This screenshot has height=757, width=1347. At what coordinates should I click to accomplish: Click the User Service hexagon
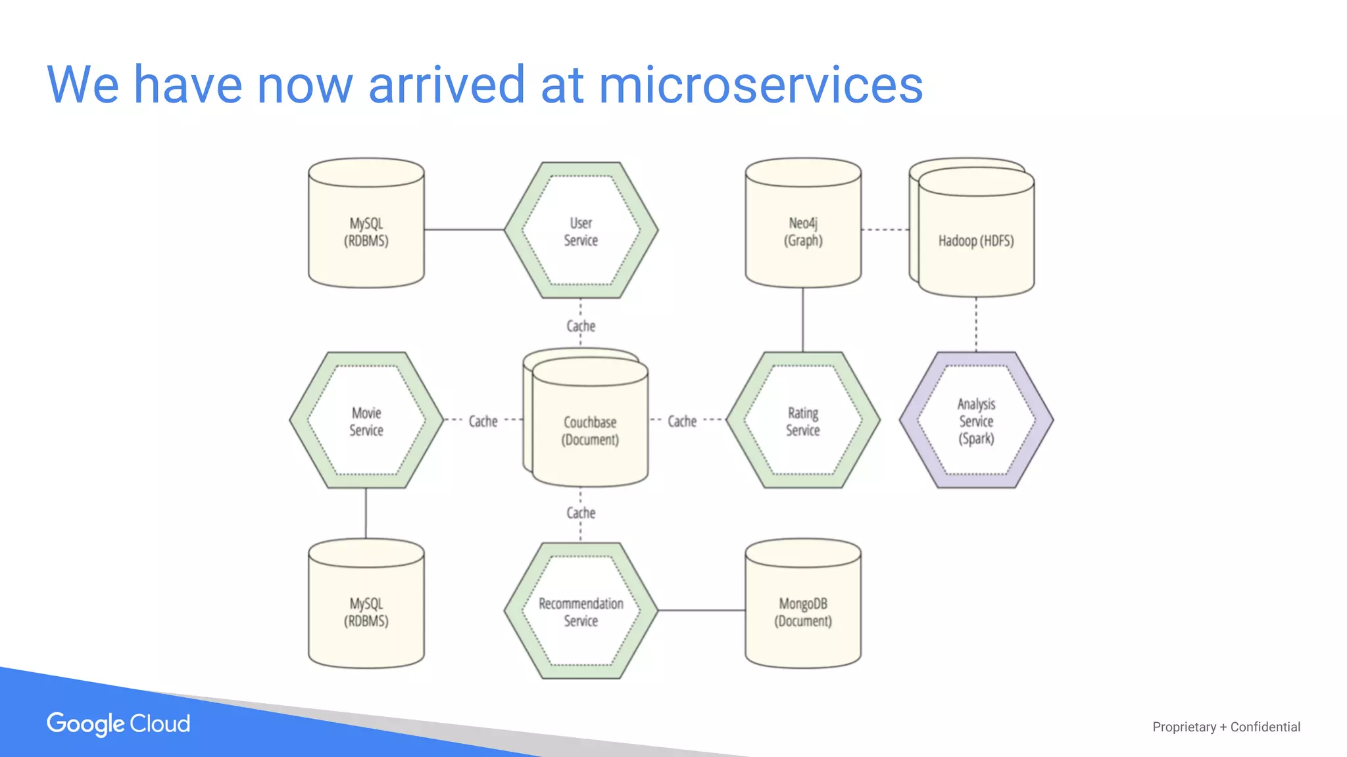581,231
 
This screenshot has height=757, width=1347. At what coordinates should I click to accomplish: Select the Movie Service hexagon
366,421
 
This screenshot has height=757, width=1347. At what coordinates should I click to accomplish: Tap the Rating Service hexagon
802,421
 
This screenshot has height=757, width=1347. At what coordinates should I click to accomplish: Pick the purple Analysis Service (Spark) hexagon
976,421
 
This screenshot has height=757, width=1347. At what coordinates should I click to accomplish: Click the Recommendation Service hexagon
581,611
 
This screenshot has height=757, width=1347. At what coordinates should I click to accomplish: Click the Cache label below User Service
581,326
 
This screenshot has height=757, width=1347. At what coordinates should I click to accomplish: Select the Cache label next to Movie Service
483,421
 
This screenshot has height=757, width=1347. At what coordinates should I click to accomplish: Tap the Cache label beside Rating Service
682,421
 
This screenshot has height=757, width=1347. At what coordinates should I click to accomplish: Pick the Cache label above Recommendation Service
581,513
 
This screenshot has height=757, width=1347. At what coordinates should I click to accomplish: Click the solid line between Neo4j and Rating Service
802,319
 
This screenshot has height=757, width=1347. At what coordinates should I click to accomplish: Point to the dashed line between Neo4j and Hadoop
885,229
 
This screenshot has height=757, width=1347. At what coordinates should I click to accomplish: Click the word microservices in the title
760,85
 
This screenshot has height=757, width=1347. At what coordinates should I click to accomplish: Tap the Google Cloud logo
118,723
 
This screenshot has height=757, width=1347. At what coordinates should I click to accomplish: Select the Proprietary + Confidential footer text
1226,727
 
